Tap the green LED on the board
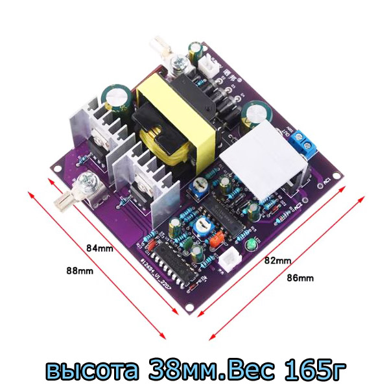point(250,245)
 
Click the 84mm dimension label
point(100,247)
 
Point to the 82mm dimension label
point(277,260)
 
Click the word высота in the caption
point(91,370)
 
